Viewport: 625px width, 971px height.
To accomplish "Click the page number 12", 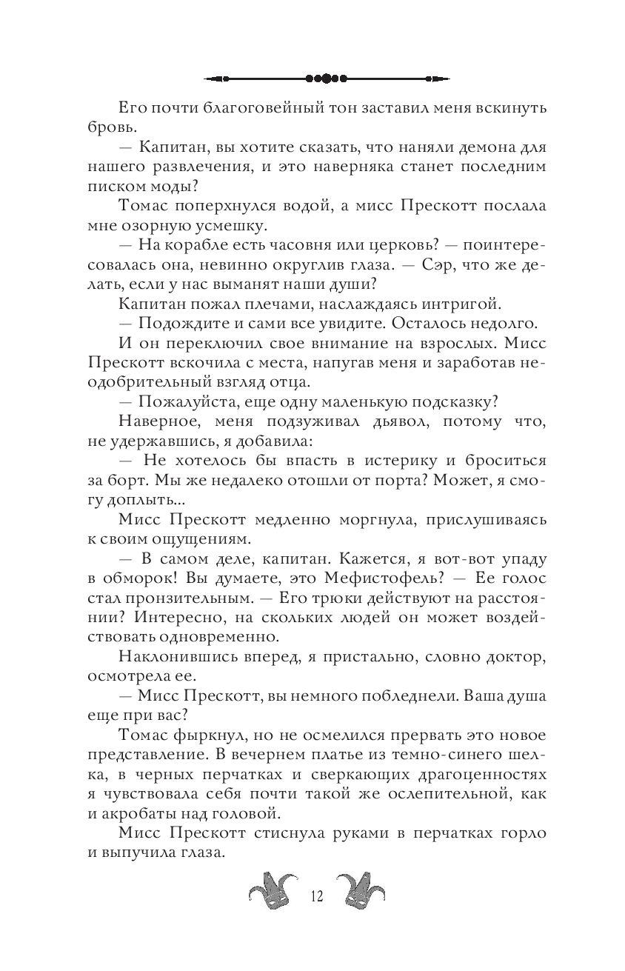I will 317,897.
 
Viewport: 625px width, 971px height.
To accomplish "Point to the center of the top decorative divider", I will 327,77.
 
